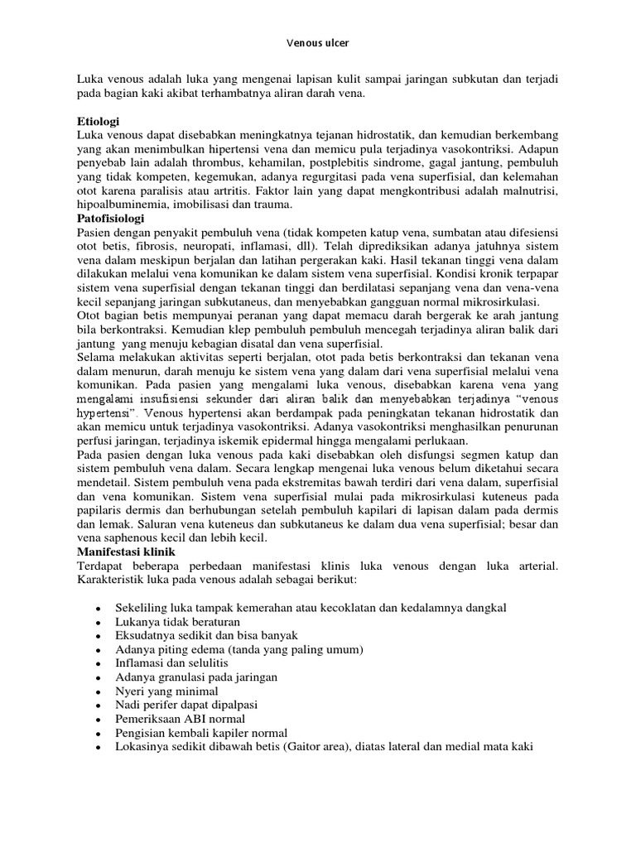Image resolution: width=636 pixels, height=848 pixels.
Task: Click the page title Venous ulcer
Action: (318, 38)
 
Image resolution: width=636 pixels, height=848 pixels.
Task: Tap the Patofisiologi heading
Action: (110, 218)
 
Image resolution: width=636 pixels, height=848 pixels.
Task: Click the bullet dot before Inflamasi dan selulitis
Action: (99, 663)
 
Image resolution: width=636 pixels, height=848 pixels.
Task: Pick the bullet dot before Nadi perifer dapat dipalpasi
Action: (99, 705)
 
